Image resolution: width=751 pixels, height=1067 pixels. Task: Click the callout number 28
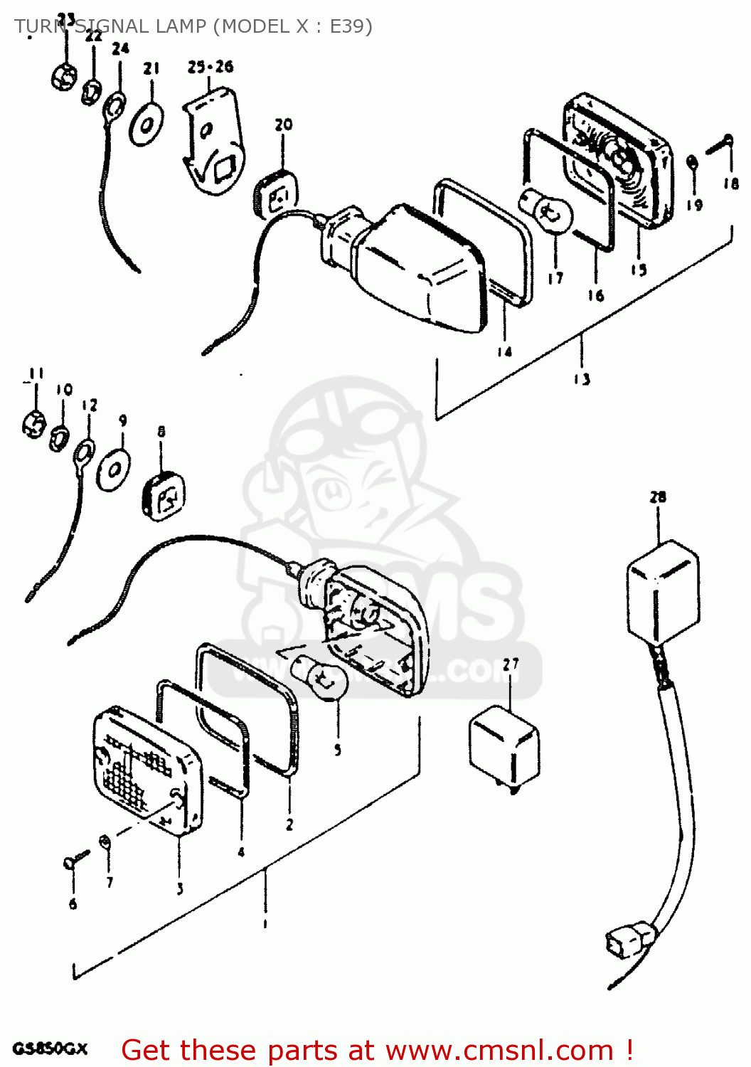[658, 497]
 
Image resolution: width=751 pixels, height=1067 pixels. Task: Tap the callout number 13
[582, 378]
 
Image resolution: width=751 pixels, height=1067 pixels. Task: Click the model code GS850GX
[50, 1049]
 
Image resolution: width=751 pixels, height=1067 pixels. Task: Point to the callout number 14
[504, 351]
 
